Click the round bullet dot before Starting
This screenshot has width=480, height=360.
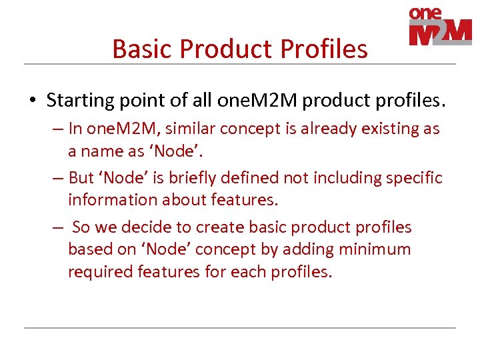[31, 101]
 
